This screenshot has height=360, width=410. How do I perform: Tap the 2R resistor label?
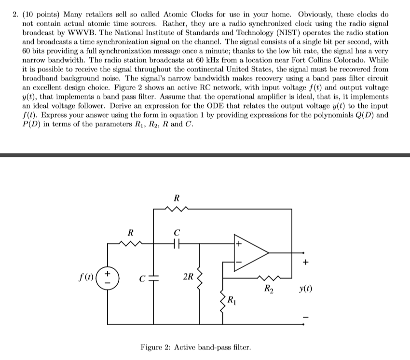tap(189, 277)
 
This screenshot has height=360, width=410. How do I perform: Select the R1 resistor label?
tap(232, 298)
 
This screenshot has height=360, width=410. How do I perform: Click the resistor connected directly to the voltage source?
tap(130, 244)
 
